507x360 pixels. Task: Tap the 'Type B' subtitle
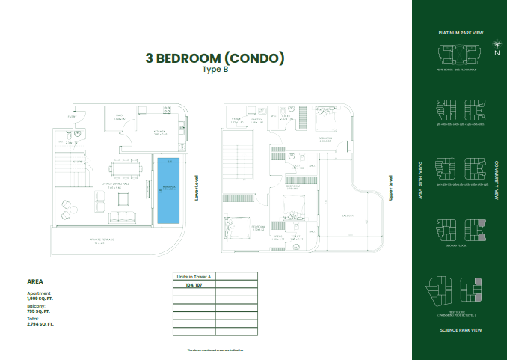pos(215,70)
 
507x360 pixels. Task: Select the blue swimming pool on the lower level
pos(169,190)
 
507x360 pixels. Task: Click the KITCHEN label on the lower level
pos(160,132)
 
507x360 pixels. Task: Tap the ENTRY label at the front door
pos(73,118)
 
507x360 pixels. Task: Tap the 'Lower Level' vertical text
pos(195,186)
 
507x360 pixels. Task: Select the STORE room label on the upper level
pos(236,118)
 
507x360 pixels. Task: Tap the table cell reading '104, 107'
pos(194,285)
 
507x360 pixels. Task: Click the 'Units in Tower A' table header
pos(194,275)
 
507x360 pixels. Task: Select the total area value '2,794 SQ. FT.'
pos(40,325)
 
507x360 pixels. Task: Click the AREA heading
pos(34,281)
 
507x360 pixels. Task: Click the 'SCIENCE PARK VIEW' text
pos(459,329)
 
